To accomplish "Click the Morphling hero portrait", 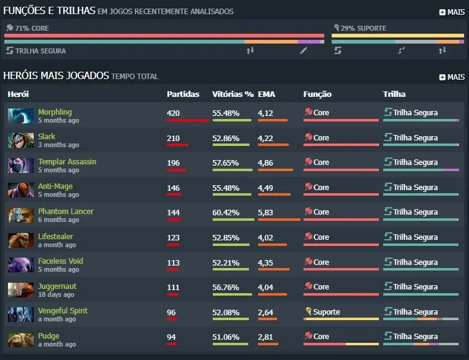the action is point(21,116).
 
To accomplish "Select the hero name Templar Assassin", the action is point(67,161).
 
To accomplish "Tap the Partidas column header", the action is point(183,94).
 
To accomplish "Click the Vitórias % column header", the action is point(233,94).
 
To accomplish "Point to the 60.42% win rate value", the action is point(226,212).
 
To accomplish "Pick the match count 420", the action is point(173,113).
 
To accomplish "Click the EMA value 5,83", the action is point(265,212).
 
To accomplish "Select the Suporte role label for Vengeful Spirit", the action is point(326,312).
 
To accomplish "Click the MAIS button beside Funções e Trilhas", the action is point(452,12).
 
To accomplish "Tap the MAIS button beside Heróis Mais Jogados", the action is point(452,77).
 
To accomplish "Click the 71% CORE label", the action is point(32,28).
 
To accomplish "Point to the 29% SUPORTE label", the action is point(364,28).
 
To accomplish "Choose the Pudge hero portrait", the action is point(21,340).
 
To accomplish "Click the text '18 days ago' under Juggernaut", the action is point(56,294).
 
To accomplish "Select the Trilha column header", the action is point(394,94).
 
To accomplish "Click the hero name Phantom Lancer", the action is point(66,211).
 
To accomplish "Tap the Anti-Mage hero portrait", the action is point(21,190).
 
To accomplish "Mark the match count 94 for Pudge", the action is point(171,337).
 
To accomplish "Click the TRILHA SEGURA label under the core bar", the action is point(40,51).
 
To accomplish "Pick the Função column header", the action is point(318,94).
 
